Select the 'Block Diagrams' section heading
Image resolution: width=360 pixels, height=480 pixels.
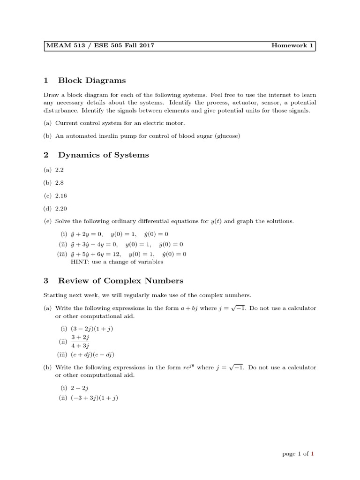[92, 81]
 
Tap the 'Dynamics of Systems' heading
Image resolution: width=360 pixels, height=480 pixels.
[103, 155]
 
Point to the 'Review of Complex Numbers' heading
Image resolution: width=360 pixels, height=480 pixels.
[120, 281]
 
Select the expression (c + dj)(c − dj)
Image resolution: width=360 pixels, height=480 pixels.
[92, 354]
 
